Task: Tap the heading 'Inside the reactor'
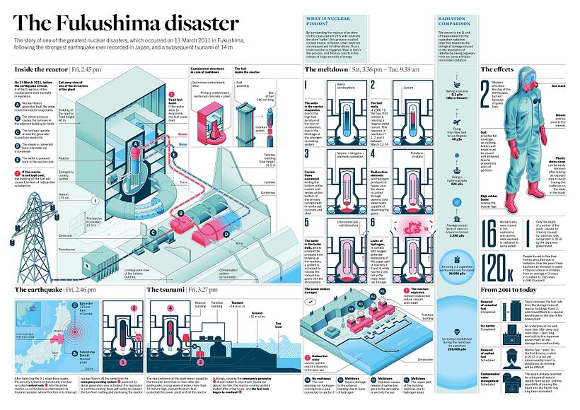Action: (40, 70)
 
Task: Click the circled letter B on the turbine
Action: (182, 212)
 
